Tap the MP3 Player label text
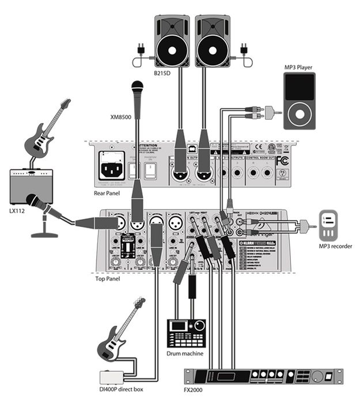(x=300, y=67)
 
